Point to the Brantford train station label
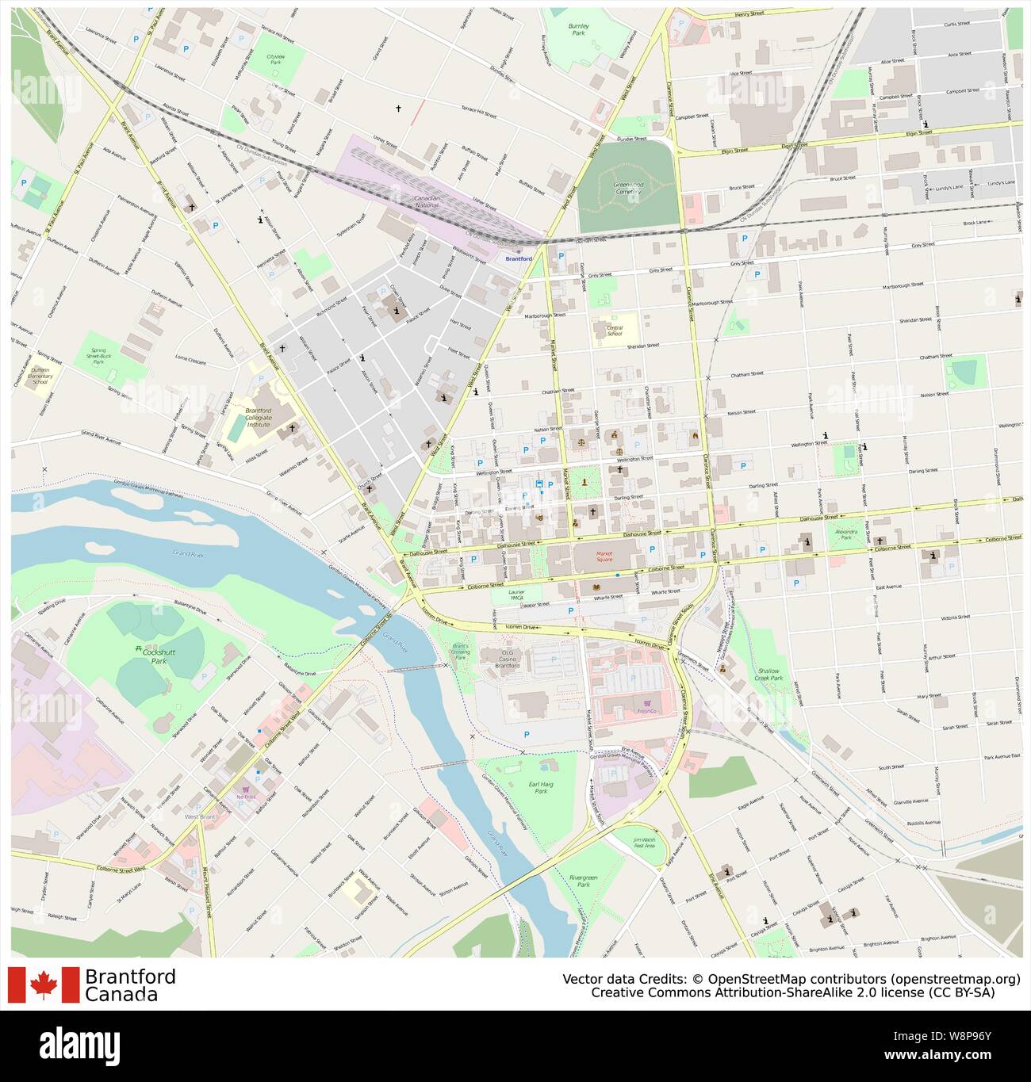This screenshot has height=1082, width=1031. (519, 258)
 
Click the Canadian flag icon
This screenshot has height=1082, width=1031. (44, 985)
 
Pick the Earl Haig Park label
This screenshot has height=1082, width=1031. (541, 786)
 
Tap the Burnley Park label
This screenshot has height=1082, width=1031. (579, 30)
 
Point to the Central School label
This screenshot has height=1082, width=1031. (615, 330)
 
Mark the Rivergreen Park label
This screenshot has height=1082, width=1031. (584, 881)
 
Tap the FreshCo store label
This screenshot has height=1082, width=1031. (649, 711)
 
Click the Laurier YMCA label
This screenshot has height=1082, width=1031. (516, 595)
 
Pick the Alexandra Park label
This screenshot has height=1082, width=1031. (845, 533)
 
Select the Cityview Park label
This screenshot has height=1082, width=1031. (275, 59)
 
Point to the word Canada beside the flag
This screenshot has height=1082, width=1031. (121, 994)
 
